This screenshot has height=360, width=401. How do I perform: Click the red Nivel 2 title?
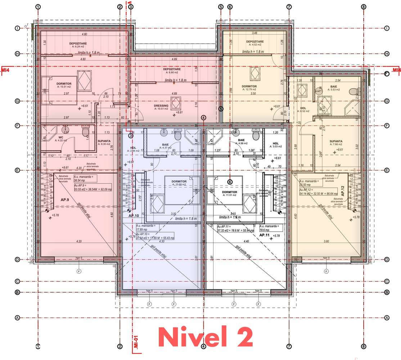206,337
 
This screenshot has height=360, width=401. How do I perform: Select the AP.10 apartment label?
134,215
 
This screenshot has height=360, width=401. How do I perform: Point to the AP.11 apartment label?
265,235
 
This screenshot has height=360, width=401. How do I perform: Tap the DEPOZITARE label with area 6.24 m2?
78,43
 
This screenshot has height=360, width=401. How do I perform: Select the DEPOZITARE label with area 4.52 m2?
255,41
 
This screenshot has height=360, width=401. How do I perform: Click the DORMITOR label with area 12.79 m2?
249,86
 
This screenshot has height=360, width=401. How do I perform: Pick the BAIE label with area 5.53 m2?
334,86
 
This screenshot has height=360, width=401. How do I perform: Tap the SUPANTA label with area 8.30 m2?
104,141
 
